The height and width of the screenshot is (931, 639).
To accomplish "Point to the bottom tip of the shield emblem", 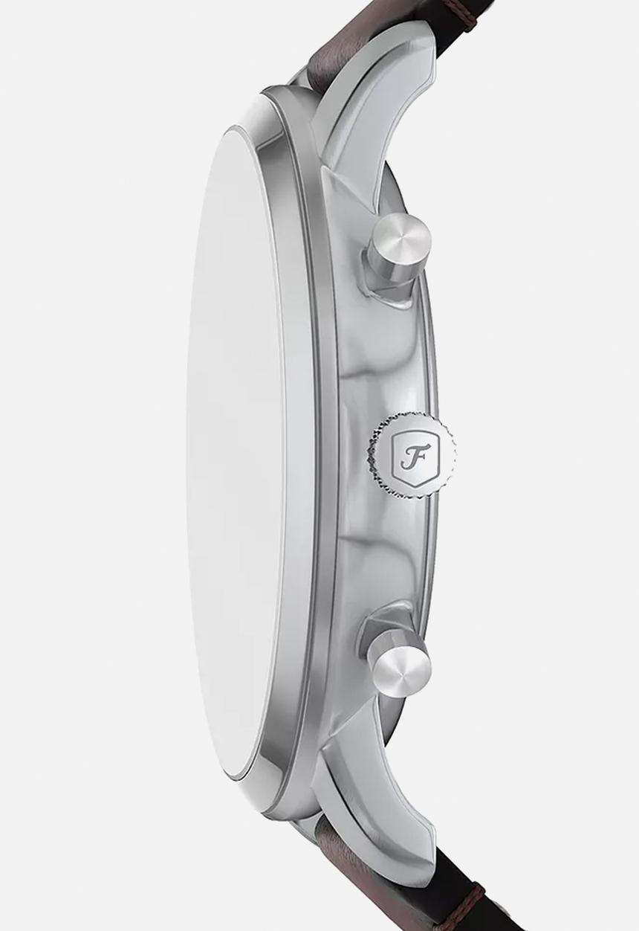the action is pos(407,484).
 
